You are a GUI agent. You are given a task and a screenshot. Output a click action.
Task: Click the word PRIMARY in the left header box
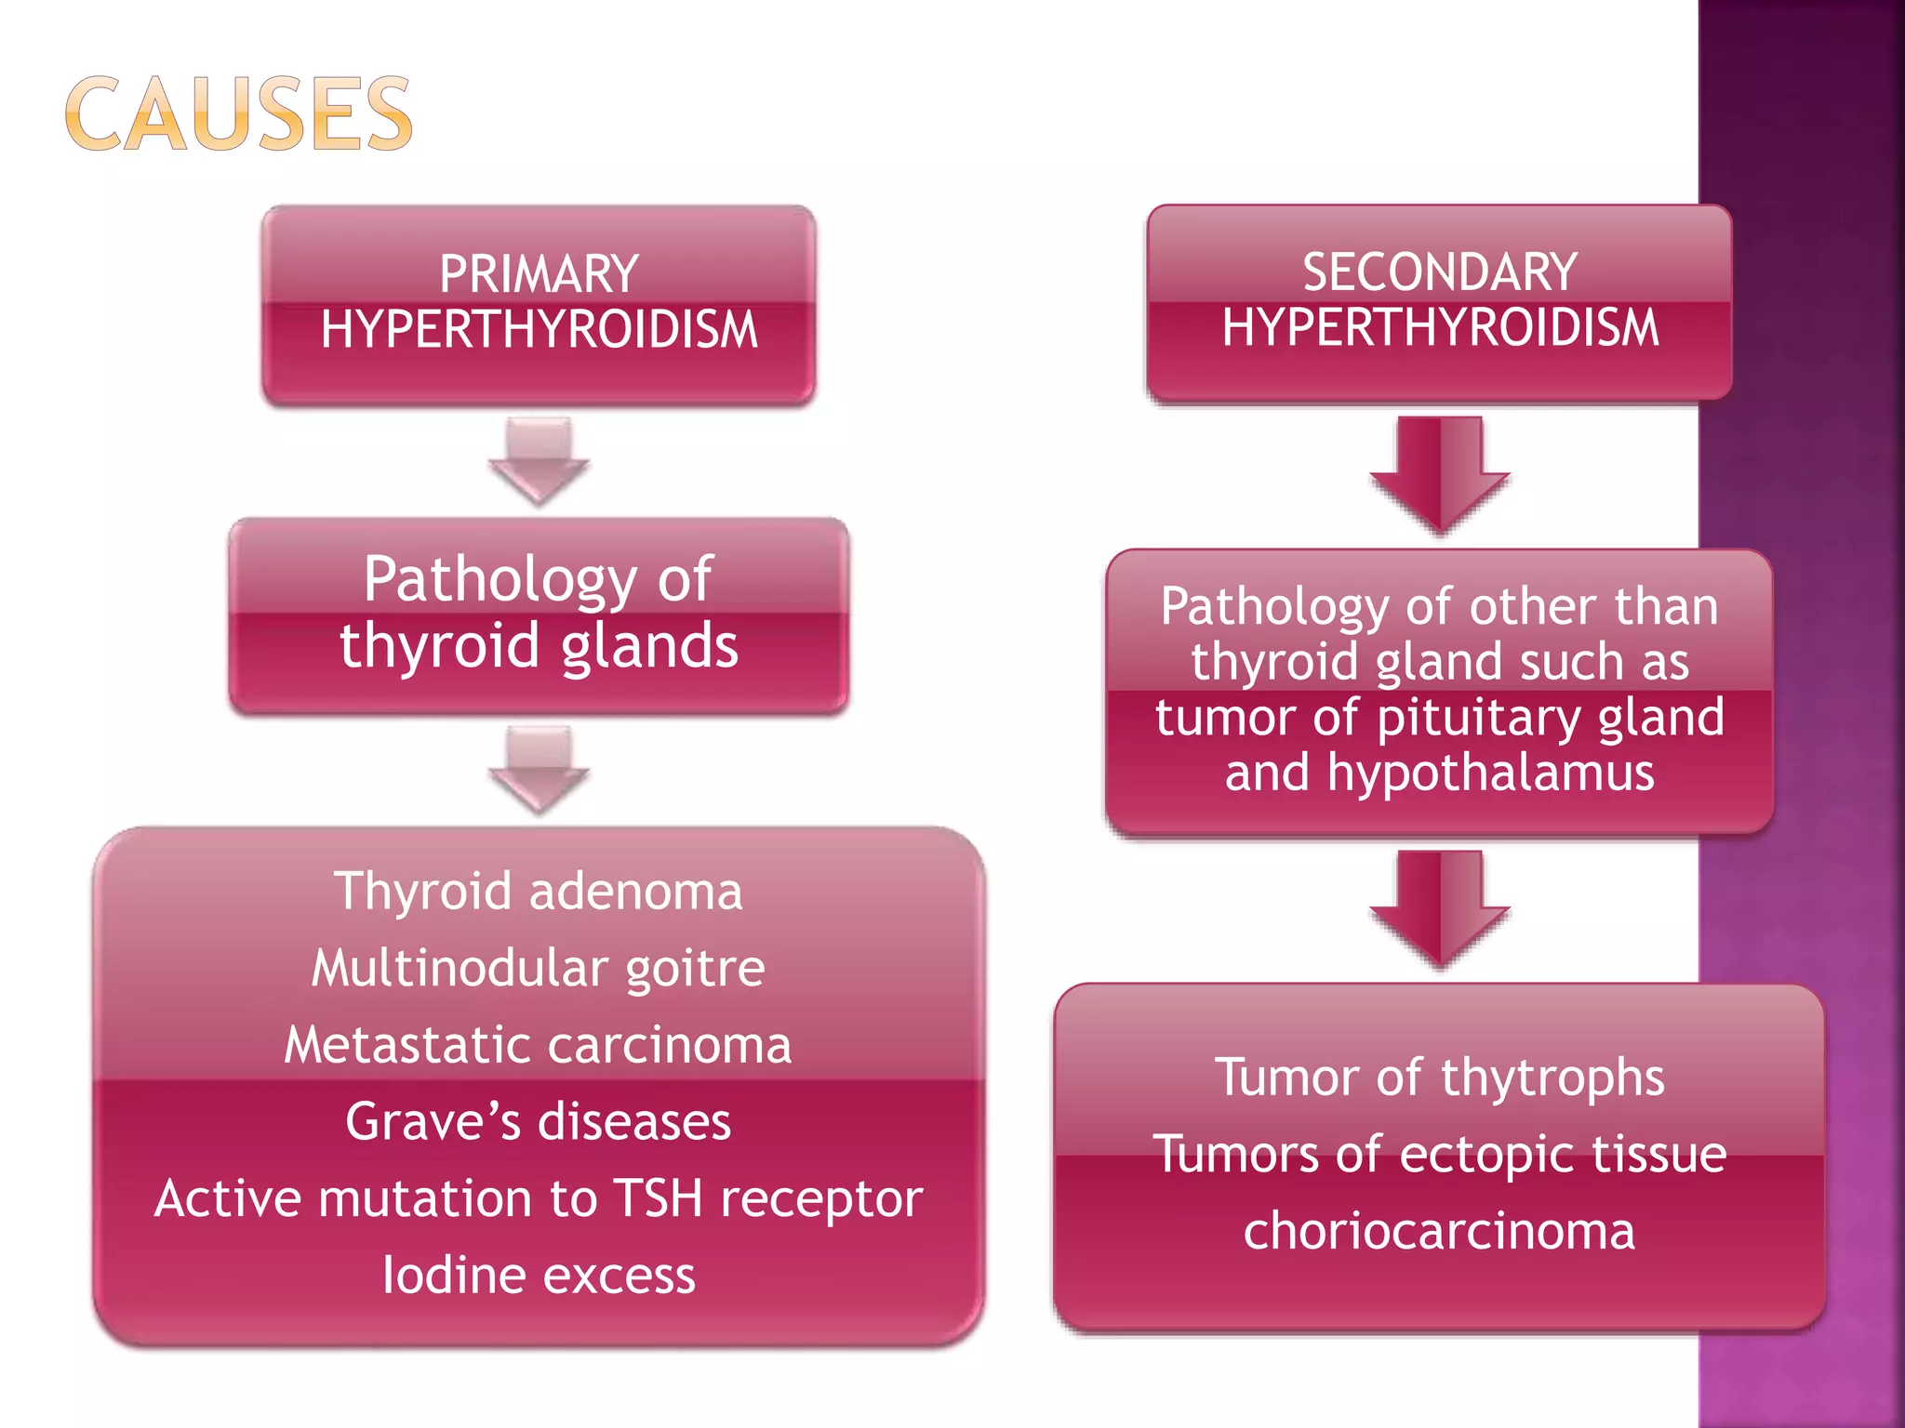pos(539,274)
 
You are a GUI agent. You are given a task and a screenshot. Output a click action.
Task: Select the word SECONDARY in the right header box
pos(1439,272)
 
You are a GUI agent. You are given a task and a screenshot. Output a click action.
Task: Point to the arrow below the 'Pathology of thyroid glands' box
pos(539,770)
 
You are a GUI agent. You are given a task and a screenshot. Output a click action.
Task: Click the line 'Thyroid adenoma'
pos(539,891)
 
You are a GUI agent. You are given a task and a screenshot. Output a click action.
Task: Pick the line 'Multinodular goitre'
pos(539,968)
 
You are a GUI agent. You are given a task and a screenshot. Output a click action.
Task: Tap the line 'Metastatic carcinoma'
pos(539,1045)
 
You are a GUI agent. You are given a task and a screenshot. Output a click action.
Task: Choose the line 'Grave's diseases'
pos(539,1121)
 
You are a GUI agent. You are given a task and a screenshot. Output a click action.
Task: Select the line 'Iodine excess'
pos(539,1276)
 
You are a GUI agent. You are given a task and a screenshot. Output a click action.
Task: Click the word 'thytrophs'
pos(1552,1078)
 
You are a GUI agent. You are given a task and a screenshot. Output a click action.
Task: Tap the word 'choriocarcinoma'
pos(1439,1232)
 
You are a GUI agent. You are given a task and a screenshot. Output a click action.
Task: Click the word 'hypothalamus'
pos(1491,773)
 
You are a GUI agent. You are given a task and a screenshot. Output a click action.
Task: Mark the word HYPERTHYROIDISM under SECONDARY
pos(1439,328)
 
